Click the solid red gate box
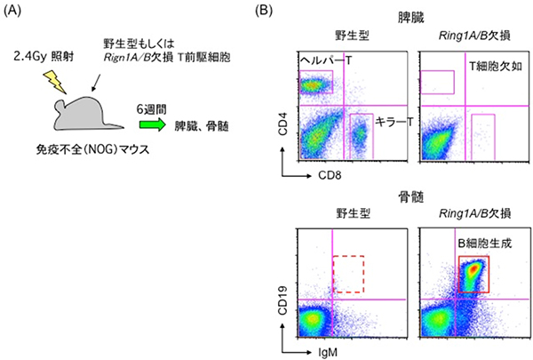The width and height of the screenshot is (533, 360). pos(474,273)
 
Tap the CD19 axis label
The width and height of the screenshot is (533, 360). pos(286,300)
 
